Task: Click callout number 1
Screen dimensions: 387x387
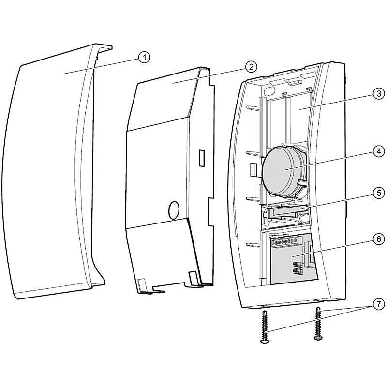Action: point(144,58)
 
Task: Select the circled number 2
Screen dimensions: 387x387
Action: point(251,67)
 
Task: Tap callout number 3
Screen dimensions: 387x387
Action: point(379,94)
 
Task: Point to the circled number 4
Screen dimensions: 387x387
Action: point(379,151)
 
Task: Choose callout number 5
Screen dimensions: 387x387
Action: point(379,193)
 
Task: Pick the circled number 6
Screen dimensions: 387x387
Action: point(379,239)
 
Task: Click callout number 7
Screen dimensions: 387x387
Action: point(379,304)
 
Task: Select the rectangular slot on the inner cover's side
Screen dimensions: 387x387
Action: point(202,158)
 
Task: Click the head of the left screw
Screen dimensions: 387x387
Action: point(265,341)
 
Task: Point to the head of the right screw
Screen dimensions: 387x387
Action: point(318,338)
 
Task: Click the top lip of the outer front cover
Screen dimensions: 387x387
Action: point(103,47)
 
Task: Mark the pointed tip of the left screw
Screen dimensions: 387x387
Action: point(265,311)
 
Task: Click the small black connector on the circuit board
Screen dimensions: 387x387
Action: point(296,268)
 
